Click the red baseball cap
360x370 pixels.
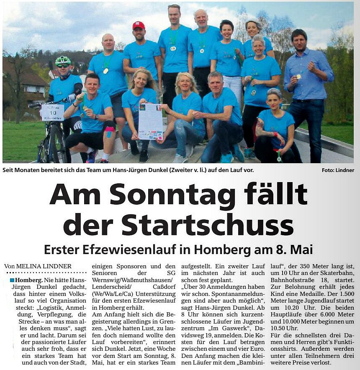[138, 25]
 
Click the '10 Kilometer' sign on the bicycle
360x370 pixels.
[52, 112]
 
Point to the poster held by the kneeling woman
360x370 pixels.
[150, 121]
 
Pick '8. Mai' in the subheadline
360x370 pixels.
[295, 249]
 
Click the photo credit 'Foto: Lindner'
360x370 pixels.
[338, 170]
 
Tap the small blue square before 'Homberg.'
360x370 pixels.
[12, 280]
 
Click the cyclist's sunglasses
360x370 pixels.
[63, 66]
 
